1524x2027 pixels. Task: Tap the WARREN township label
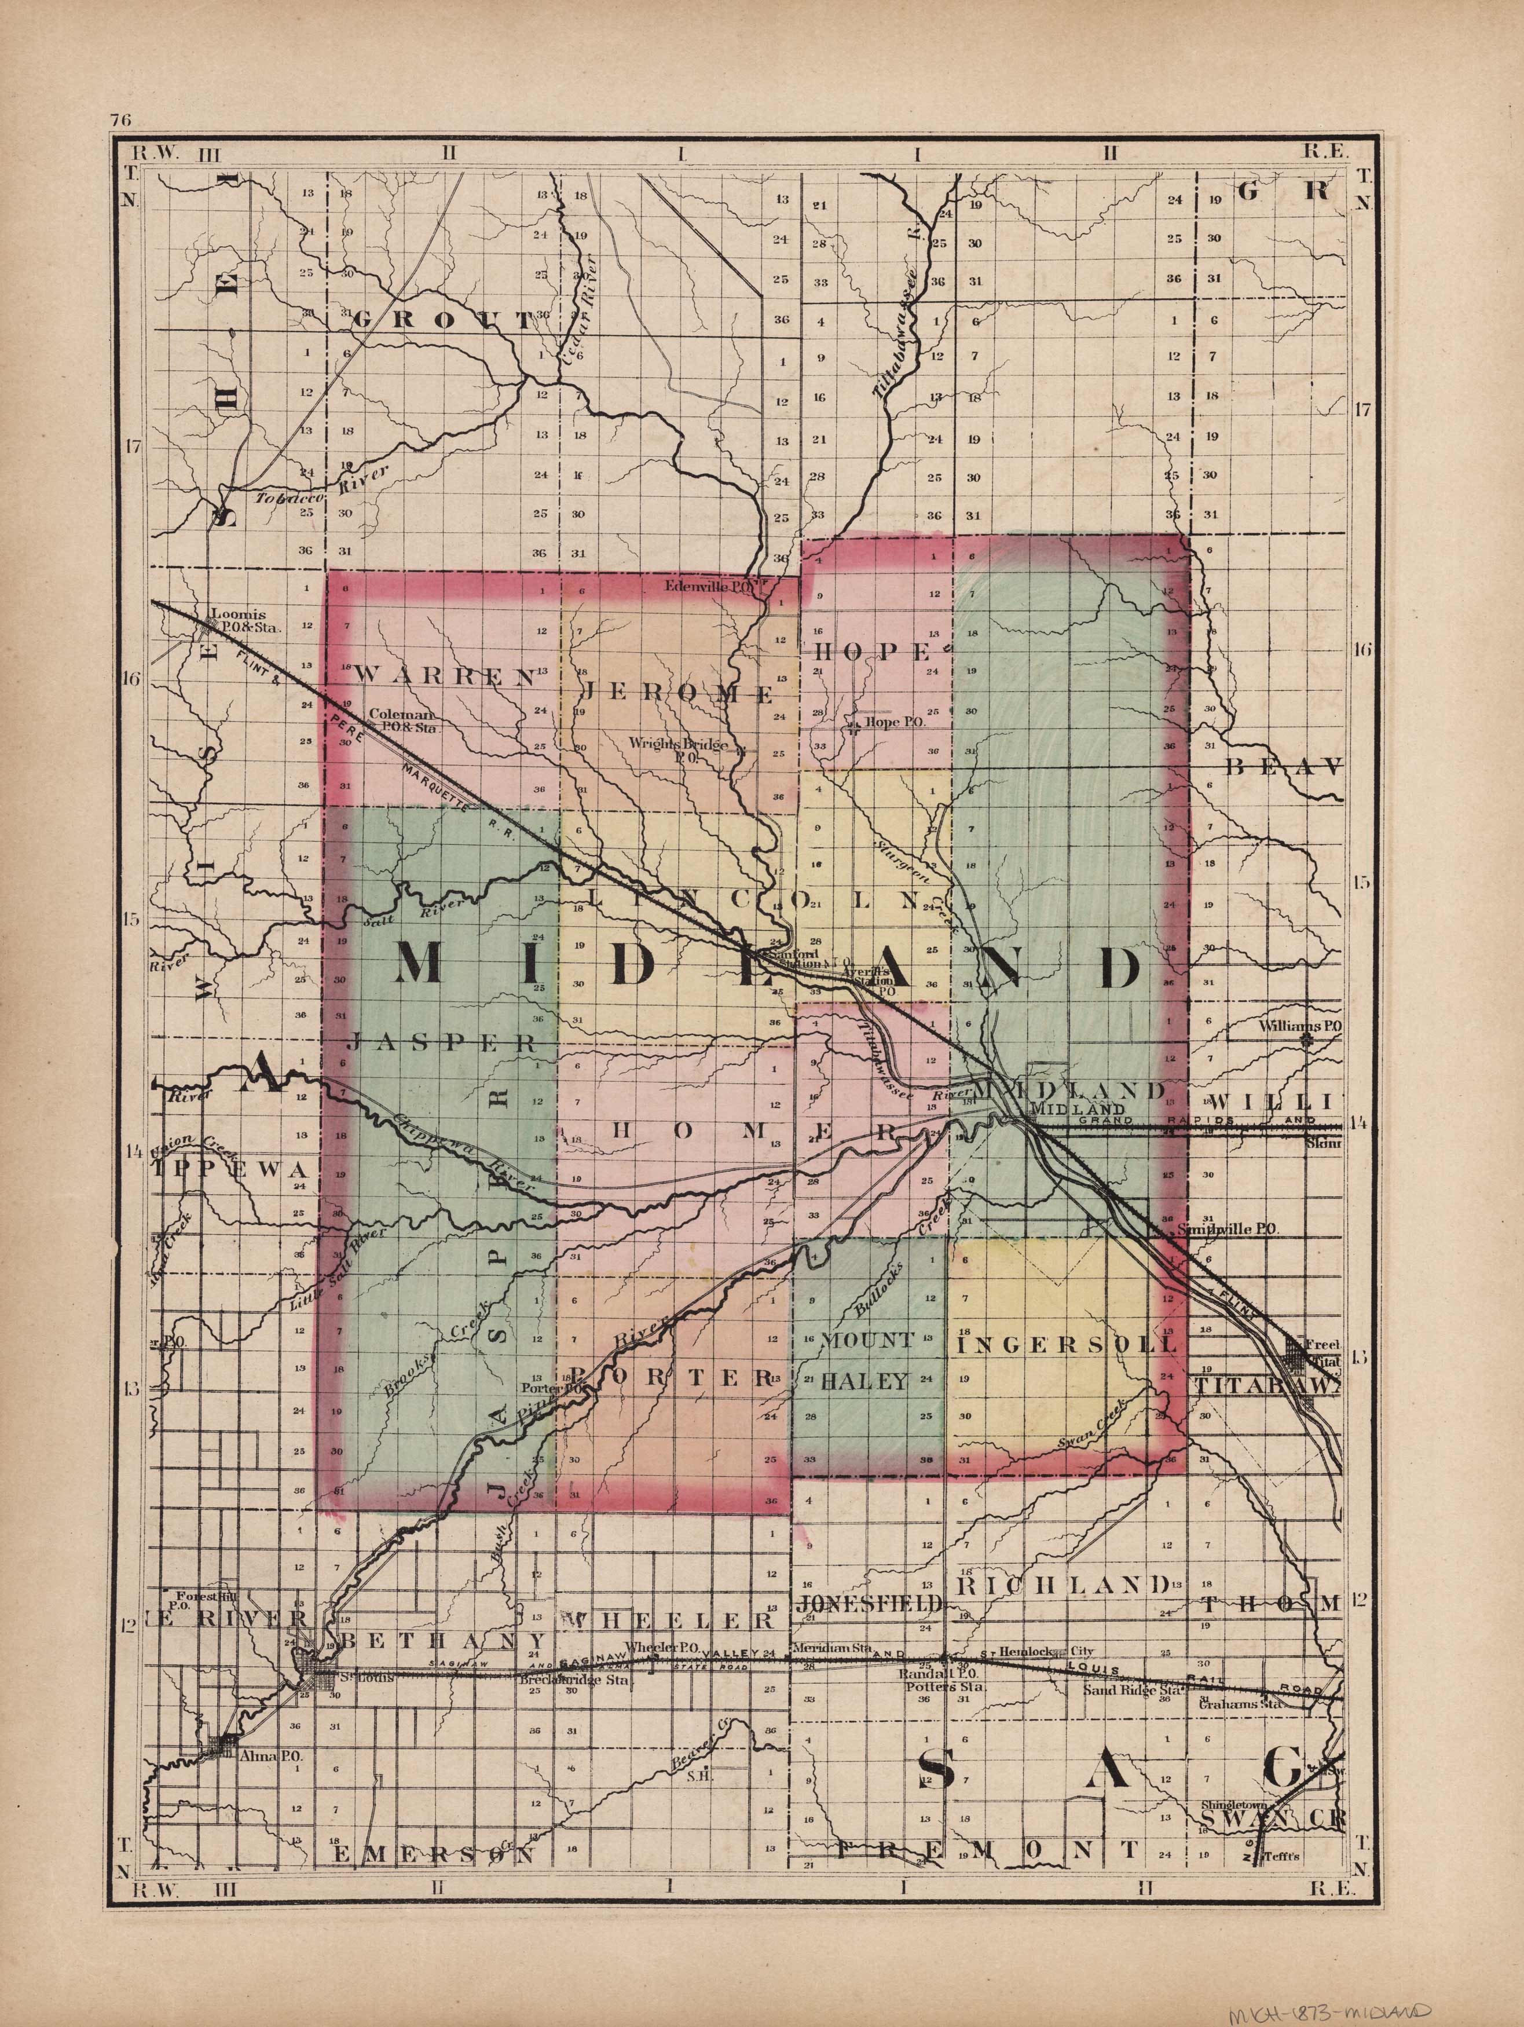point(444,676)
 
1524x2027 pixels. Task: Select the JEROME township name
point(678,694)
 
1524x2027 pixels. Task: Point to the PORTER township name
point(673,1377)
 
